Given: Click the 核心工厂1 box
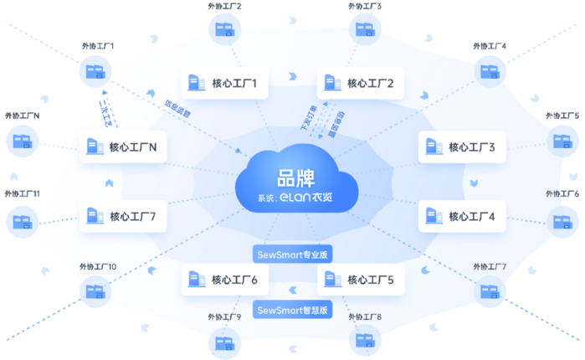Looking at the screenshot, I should click(x=224, y=83).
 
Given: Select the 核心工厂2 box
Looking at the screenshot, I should click(x=361, y=83).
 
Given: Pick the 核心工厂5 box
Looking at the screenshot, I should click(x=361, y=279).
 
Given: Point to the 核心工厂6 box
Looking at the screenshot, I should click(x=224, y=279).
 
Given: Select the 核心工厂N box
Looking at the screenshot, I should click(x=123, y=148).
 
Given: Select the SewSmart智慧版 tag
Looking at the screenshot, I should click(x=291, y=310).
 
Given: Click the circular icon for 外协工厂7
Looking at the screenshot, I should click(x=489, y=291).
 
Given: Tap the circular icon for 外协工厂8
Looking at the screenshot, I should click(x=364, y=340).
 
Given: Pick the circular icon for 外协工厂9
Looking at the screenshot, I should click(x=223, y=340).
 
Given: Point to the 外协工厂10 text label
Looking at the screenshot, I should click(x=97, y=267).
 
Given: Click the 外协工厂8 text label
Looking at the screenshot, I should click(x=364, y=318).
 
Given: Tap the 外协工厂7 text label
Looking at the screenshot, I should click(x=490, y=267).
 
